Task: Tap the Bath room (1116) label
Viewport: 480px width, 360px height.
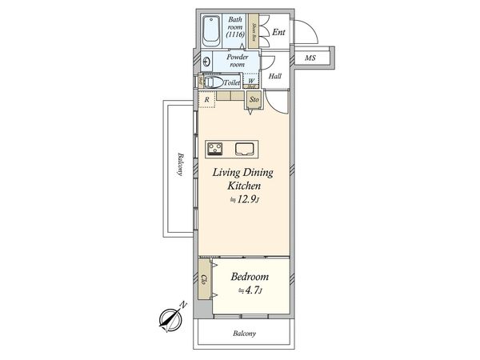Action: coord(235,28)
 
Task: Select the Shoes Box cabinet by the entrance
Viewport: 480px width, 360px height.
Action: coord(252,33)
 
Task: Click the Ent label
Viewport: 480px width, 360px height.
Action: coord(278,32)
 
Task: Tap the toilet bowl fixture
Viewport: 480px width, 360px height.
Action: coord(214,82)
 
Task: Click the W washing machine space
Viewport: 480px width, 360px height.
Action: coord(251,82)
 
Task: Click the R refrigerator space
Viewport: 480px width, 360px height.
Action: coord(206,99)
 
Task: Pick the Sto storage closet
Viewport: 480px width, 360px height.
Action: coord(254,100)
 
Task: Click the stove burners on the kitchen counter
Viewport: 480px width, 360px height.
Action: coord(216,147)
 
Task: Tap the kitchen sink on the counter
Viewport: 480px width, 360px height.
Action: coord(245,147)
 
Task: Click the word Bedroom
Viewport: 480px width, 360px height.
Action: coord(250,277)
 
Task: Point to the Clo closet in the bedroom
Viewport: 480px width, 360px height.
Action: coord(205,280)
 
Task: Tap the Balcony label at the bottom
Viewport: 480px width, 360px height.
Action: coord(244,333)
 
